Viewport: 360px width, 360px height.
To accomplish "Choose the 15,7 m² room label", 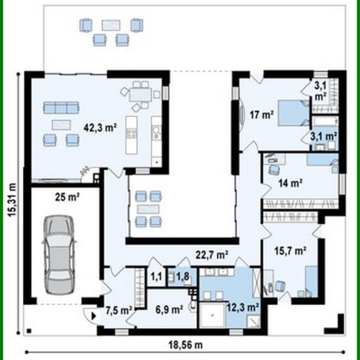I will (290, 249).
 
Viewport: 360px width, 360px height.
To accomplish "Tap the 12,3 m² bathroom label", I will (242, 307).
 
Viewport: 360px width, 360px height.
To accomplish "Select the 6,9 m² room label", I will (168, 310).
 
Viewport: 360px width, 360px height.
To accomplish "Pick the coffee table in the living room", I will (60, 124).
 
